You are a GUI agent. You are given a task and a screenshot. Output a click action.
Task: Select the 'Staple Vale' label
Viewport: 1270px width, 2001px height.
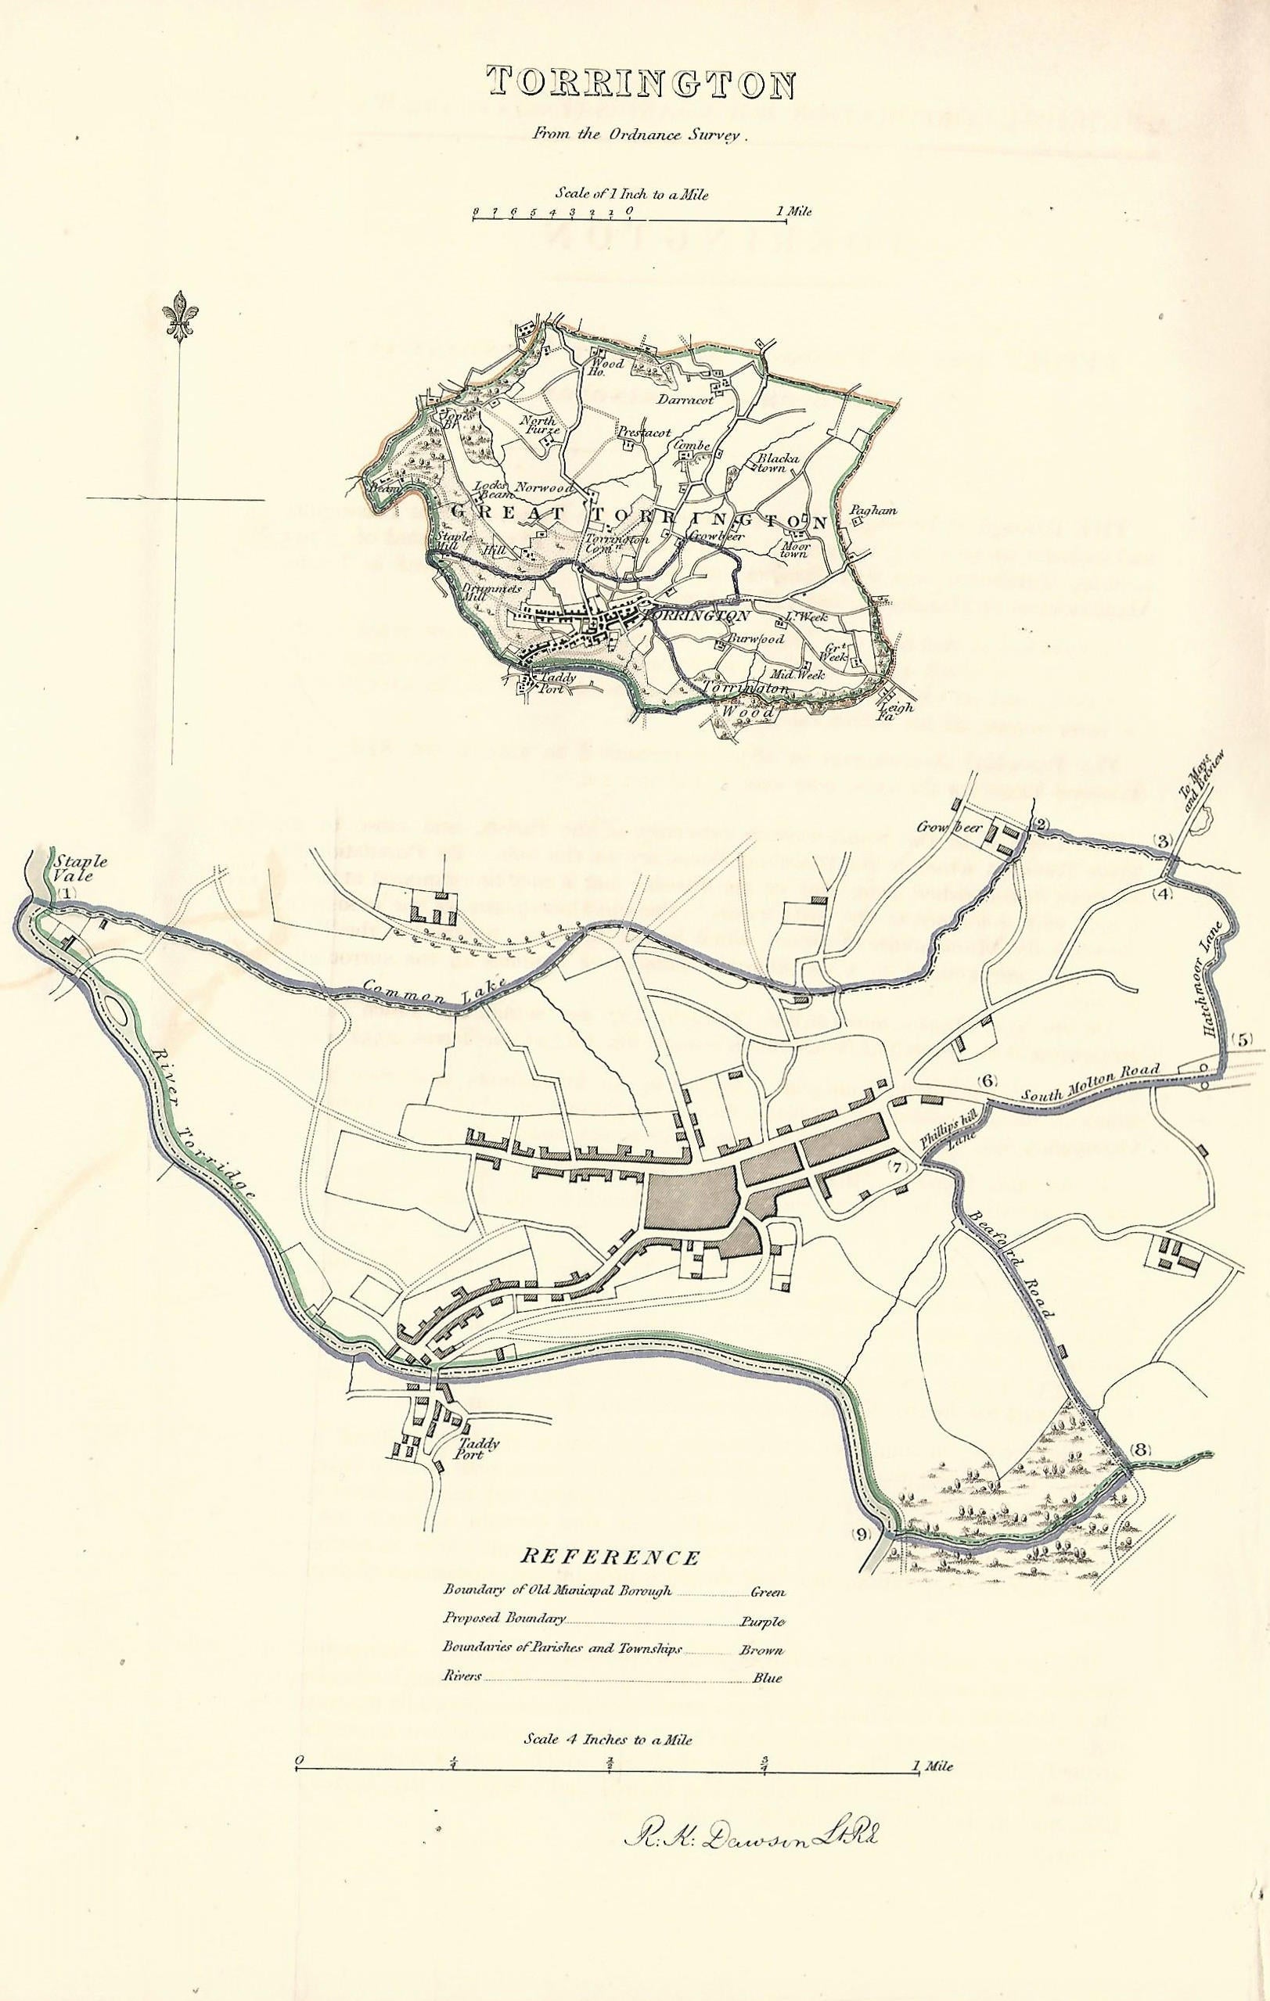(x=70, y=868)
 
